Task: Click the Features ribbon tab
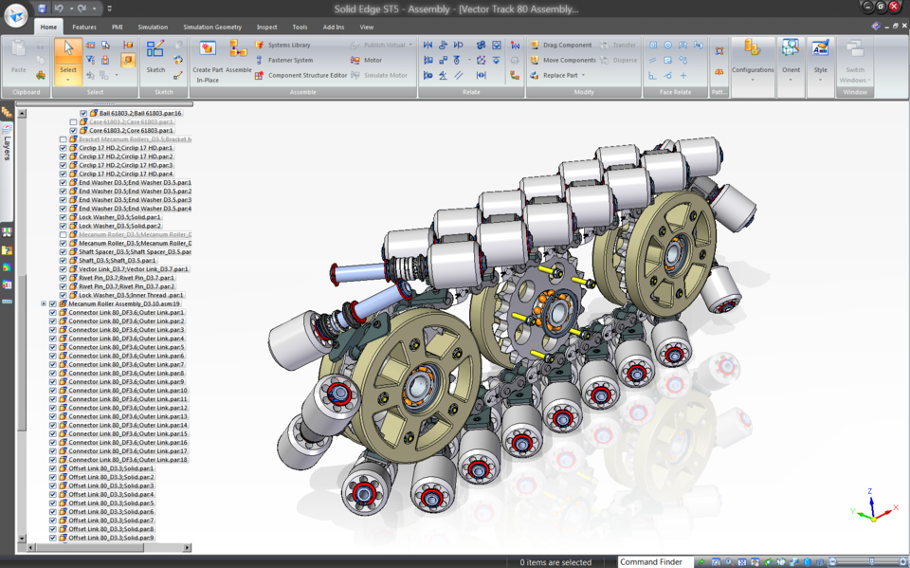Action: click(84, 27)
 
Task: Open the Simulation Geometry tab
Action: click(212, 27)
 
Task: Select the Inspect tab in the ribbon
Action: click(267, 27)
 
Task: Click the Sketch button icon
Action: click(155, 49)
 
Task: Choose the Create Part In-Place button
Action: click(207, 51)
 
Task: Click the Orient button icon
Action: click(791, 51)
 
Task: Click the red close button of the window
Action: click(894, 7)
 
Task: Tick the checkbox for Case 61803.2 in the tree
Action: click(74, 122)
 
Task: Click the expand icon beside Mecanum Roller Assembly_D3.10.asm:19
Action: click(44, 304)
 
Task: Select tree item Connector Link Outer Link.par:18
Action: click(128, 460)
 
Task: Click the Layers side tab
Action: click(8, 148)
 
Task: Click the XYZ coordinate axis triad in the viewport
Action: click(872, 508)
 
